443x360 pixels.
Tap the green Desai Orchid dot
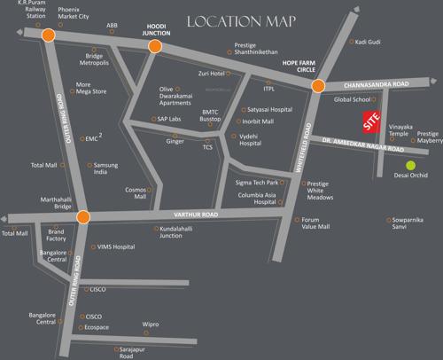click(410, 164)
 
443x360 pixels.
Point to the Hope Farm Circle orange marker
click(318, 85)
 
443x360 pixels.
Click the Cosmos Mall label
click(136, 194)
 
